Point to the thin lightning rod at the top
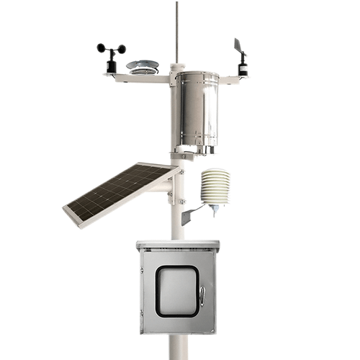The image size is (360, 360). [176, 29]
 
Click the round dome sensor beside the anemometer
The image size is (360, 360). [143, 66]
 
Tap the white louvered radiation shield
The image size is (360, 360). [215, 186]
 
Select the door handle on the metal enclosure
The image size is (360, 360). [202, 295]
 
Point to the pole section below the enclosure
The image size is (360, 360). [176, 347]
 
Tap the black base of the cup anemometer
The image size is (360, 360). [111, 66]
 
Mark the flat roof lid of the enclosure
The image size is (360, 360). [177, 244]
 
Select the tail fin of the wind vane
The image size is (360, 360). [238, 45]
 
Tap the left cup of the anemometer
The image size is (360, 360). [101, 48]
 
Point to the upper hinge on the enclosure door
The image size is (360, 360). [142, 271]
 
